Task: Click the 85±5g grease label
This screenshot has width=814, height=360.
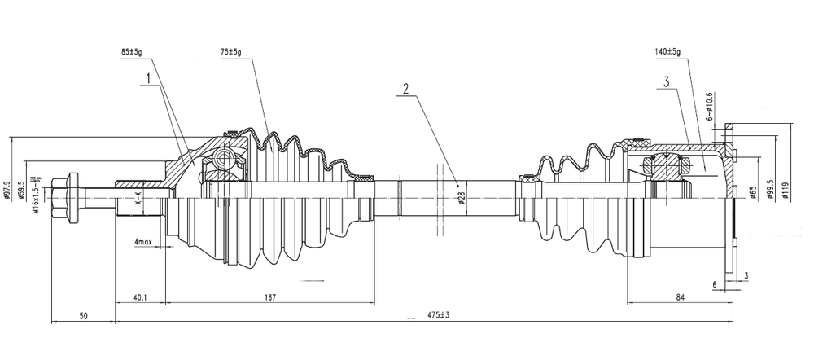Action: [130, 52]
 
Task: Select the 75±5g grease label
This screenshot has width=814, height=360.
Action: [231, 52]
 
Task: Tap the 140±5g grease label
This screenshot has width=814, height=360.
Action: [667, 52]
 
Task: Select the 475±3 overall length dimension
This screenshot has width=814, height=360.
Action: [438, 314]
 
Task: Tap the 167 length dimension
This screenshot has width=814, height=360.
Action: [269, 296]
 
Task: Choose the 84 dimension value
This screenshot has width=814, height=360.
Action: [681, 296]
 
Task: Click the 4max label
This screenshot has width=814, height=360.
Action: [143, 242]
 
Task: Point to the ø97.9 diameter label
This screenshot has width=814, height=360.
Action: [7, 191]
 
